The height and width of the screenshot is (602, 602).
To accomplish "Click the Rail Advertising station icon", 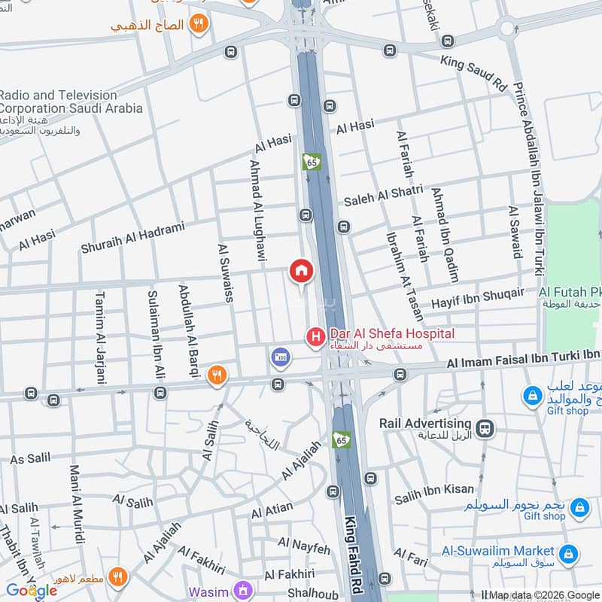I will click(x=486, y=427).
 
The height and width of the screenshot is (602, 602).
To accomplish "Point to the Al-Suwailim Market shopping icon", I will click(x=569, y=555).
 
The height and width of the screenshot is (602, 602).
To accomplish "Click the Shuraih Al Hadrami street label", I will click(x=144, y=234).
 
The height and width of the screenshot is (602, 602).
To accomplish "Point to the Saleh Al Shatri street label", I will click(x=383, y=196).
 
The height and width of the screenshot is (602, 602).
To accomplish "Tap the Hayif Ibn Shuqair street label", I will click(x=477, y=299).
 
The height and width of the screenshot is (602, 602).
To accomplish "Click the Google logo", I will click(x=32, y=591).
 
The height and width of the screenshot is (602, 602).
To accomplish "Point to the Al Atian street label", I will click(x=272, y=511).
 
